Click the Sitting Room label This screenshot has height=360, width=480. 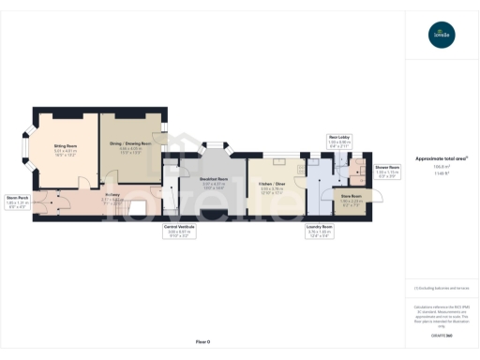pos(65,148)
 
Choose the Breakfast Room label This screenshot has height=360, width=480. pos(215,185)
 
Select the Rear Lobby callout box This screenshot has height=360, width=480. pos(339,143)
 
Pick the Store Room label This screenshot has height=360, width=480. pos(351,202)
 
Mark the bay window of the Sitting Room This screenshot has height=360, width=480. pos(25,148)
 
